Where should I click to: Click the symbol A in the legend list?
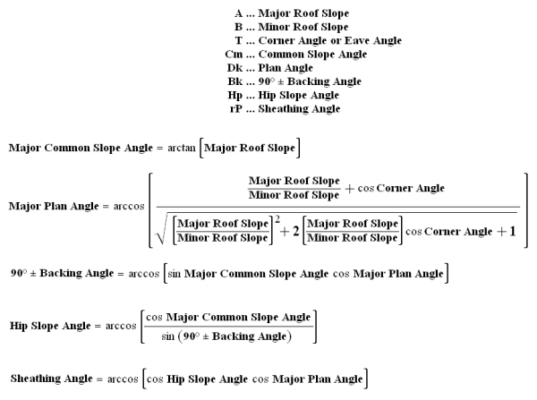[239, 13]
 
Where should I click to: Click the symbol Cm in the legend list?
[234, 54]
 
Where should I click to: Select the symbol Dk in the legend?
[235, 67]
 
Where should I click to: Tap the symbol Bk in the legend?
[235, 81]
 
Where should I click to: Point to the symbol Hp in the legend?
[235, 95]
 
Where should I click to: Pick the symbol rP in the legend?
[236, 108]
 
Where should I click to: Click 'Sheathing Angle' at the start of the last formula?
[47, 379]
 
